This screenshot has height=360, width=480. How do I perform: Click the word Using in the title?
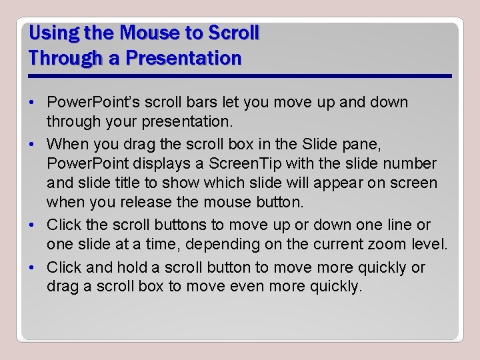click(x=50, y=33)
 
